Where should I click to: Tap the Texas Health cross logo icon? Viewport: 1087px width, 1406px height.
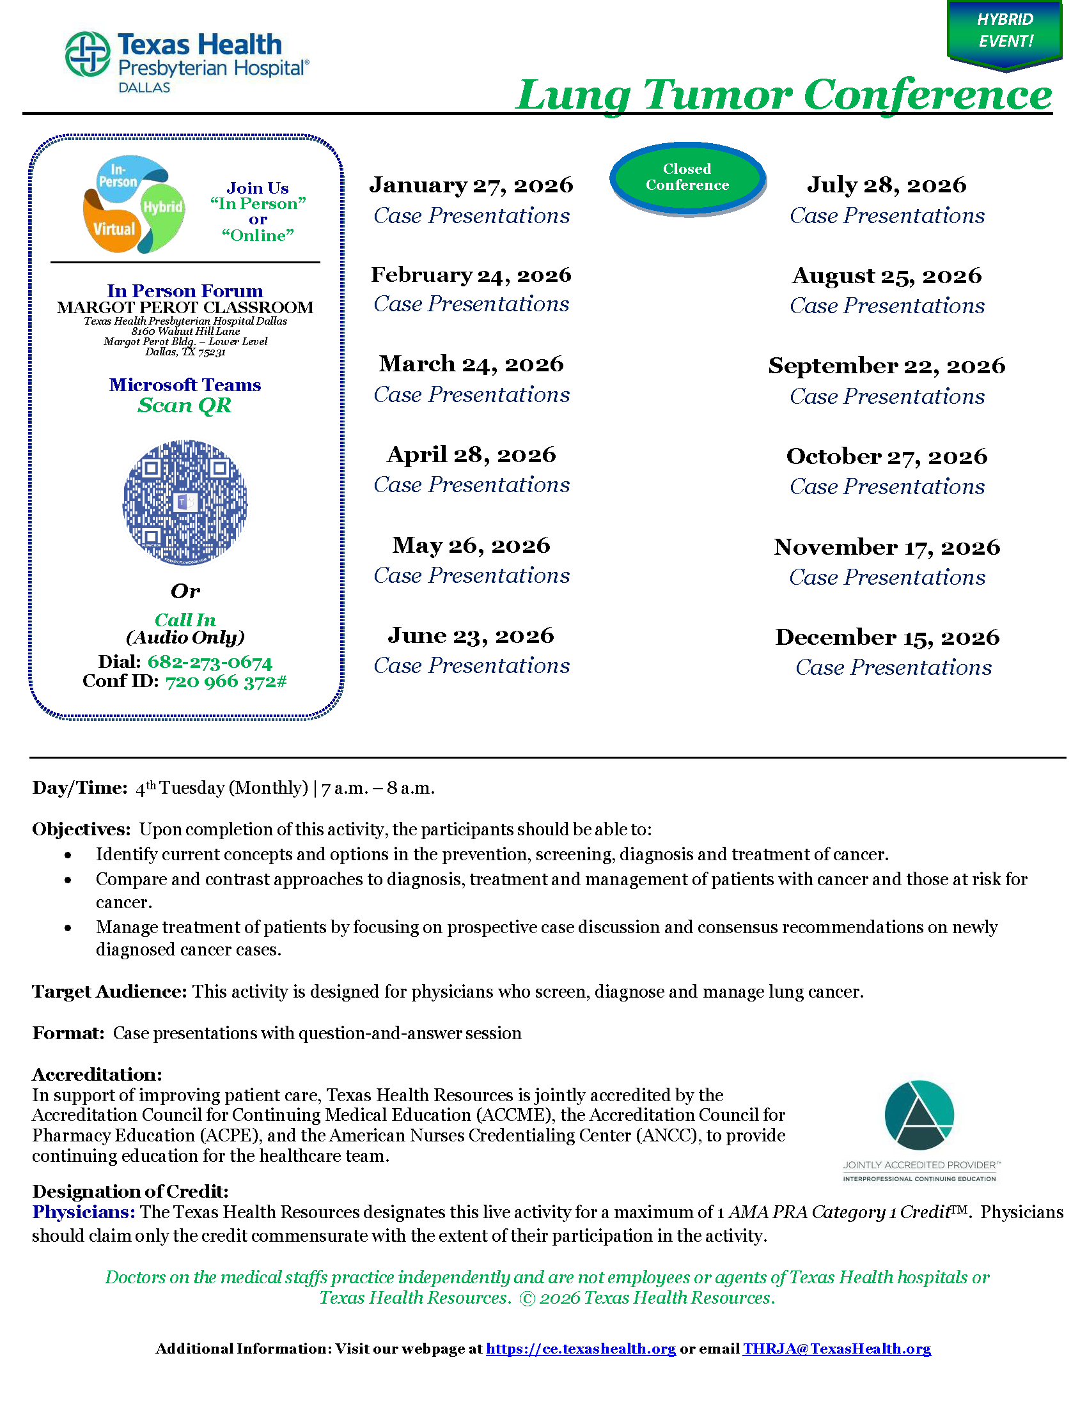(88, 54)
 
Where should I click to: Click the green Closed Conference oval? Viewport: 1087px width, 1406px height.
(687, 177)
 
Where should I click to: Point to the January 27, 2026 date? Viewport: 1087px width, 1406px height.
(471, 185)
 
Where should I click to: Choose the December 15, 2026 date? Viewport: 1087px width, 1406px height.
(887, 637)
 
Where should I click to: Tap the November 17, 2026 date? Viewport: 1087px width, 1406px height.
(887, 547)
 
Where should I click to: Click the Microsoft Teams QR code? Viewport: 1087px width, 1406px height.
(185, 503)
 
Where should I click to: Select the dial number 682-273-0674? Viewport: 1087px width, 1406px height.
(210, 662)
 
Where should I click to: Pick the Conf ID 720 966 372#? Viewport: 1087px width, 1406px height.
(225, 681)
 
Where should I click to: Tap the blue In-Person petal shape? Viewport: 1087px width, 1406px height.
(122, 174)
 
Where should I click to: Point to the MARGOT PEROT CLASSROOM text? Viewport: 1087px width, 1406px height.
(185, 308)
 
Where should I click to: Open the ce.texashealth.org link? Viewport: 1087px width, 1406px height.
(580, 1348)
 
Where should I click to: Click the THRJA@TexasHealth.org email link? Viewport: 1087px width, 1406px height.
(836, 1348)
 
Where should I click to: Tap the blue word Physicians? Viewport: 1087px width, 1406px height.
(84, 1212)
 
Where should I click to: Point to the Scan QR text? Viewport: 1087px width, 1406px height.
(184, 406)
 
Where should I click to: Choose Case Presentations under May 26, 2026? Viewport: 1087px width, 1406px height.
(471, 576)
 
